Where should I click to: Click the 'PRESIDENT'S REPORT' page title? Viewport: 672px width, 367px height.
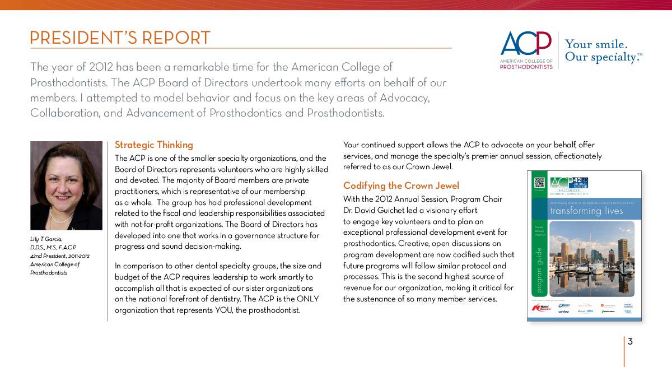[120, 38]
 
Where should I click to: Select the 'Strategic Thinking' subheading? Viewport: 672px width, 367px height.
[153, 145]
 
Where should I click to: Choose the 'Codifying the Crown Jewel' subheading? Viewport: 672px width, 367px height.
[401, 185]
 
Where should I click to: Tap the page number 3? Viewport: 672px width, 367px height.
[630, 341]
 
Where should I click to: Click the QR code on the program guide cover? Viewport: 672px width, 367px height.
[539, 183]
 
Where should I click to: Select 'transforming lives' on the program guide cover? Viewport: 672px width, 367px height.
[586, 211]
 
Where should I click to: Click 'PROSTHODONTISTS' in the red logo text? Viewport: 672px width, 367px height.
[526, 67]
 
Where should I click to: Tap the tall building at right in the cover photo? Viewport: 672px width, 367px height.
[622, 252]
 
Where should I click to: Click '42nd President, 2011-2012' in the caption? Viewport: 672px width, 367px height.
[60, 255]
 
